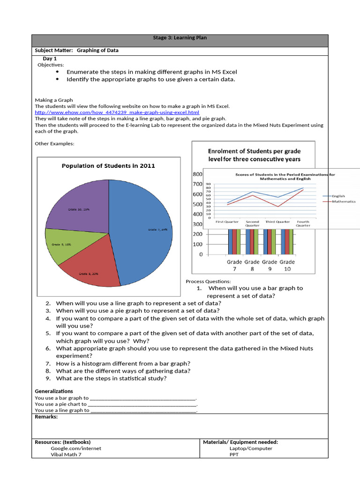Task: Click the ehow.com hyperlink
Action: tap(117, 112)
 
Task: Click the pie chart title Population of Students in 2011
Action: tap(108, 165)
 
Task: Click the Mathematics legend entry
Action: tap(343, 202)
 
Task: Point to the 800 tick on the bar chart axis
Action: tap(197, 174)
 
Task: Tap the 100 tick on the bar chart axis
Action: tap(197, 244)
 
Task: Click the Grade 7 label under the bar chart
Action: tap(234, 266)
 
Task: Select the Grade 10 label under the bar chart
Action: tap(287, 266)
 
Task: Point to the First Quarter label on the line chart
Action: tap(227, 222)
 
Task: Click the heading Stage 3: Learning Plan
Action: tap(180, 38)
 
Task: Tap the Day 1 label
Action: tap(50, 59)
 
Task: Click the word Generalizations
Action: tap(54, 391)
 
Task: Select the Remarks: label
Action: tap(46, 417)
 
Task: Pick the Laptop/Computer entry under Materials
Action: tap(251, 448)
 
